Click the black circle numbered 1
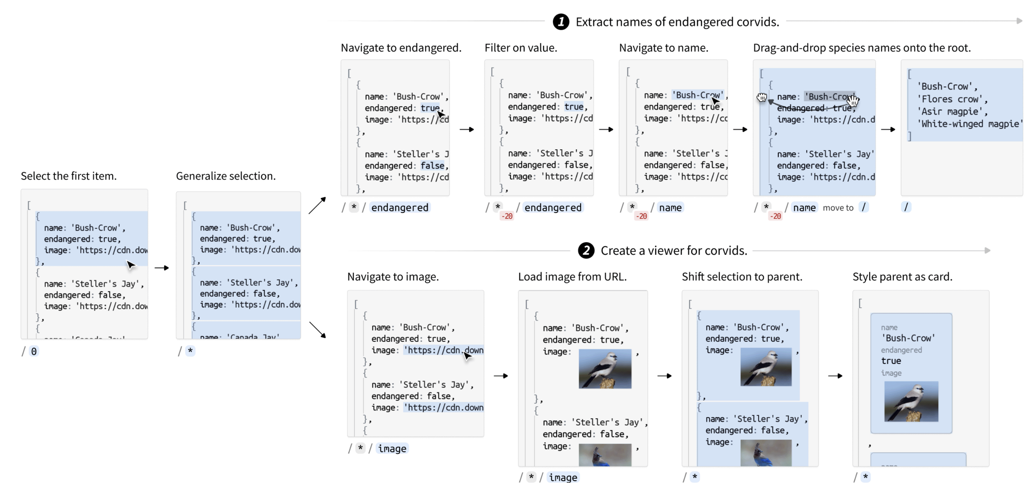click(x=561, y=22)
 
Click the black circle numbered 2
click(x=586, y=251)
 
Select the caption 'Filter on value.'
click(x=520, y=48)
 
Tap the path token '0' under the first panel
click(x=34, y=351)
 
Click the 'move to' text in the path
click(x=838, y=208)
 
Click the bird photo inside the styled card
click(x=911, y=401)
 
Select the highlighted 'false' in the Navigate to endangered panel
click(x=432, y=165)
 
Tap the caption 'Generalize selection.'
click(x=226, y=176)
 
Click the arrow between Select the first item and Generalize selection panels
click(x=162, y=268)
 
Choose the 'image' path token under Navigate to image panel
click(x=392, y=449)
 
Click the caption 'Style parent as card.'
click(x=902, y=277)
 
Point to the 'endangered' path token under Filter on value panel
click(x=552, y=207)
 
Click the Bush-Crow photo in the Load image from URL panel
click(x=605, y=369)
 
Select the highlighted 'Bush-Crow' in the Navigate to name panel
click(x=697, y=95)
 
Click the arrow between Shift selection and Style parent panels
click(x=835, y=376)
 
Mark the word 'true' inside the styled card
click(x=891, y=361)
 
